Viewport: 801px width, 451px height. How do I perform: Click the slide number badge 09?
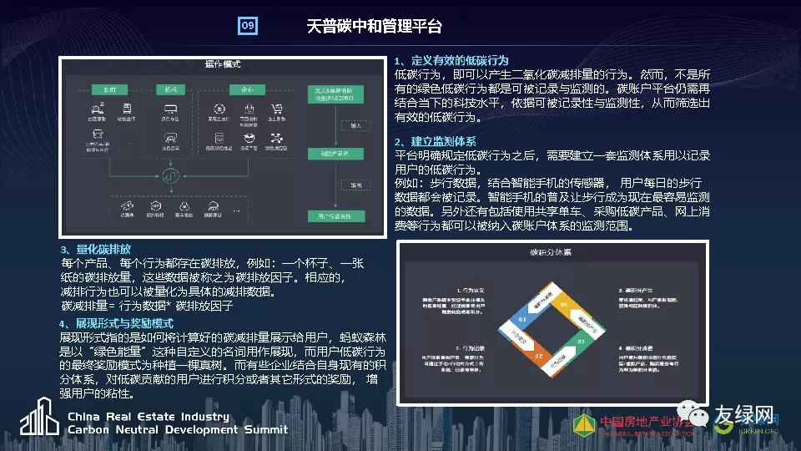(248, 26)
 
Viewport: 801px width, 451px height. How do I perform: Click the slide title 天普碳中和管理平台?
(362, 26)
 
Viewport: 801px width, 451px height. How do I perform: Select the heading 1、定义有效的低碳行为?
(451, 60)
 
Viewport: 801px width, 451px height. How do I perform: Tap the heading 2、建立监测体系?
(436, 141)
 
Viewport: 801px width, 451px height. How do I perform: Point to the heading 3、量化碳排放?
(95, 249)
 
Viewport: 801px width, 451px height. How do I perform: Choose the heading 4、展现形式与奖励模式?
(116, 323)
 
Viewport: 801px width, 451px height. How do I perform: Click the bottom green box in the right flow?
(334, 215)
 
